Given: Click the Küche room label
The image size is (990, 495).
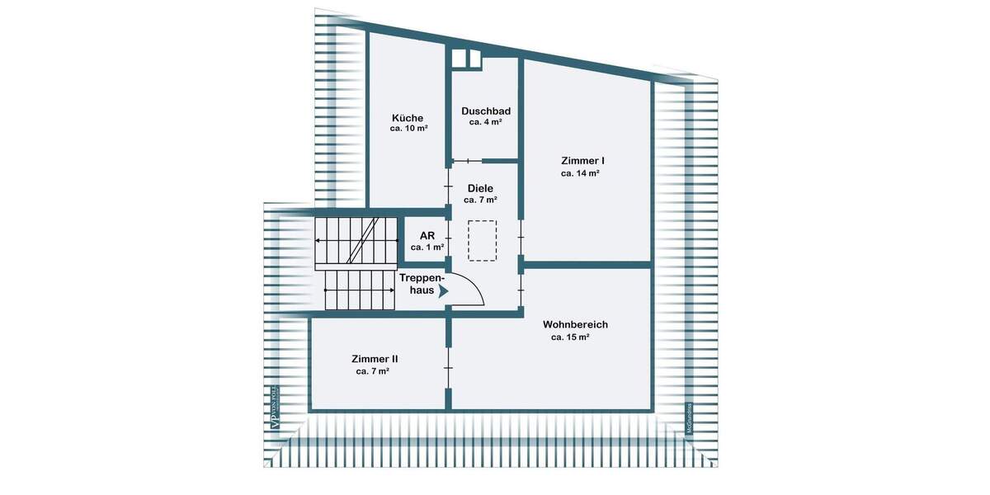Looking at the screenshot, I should point(408,118).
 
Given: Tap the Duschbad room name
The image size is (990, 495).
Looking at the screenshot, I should point(486,111).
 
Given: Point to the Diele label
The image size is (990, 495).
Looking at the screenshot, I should point(480,189).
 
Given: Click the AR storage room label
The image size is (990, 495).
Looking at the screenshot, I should point(427,235).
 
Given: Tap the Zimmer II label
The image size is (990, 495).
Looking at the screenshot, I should point(375,359).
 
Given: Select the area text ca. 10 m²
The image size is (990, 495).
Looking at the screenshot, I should point(408,130).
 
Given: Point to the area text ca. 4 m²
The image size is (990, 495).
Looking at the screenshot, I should point(486,122).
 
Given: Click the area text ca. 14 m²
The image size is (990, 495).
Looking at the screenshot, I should point(580,173).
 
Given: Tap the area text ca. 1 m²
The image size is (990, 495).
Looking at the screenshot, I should point(427,247).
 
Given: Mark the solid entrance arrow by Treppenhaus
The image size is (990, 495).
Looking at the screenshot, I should point(443,290).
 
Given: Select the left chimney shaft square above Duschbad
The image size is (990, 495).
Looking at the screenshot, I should point(460,58).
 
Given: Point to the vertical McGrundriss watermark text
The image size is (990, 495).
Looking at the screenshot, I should point(687,417).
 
